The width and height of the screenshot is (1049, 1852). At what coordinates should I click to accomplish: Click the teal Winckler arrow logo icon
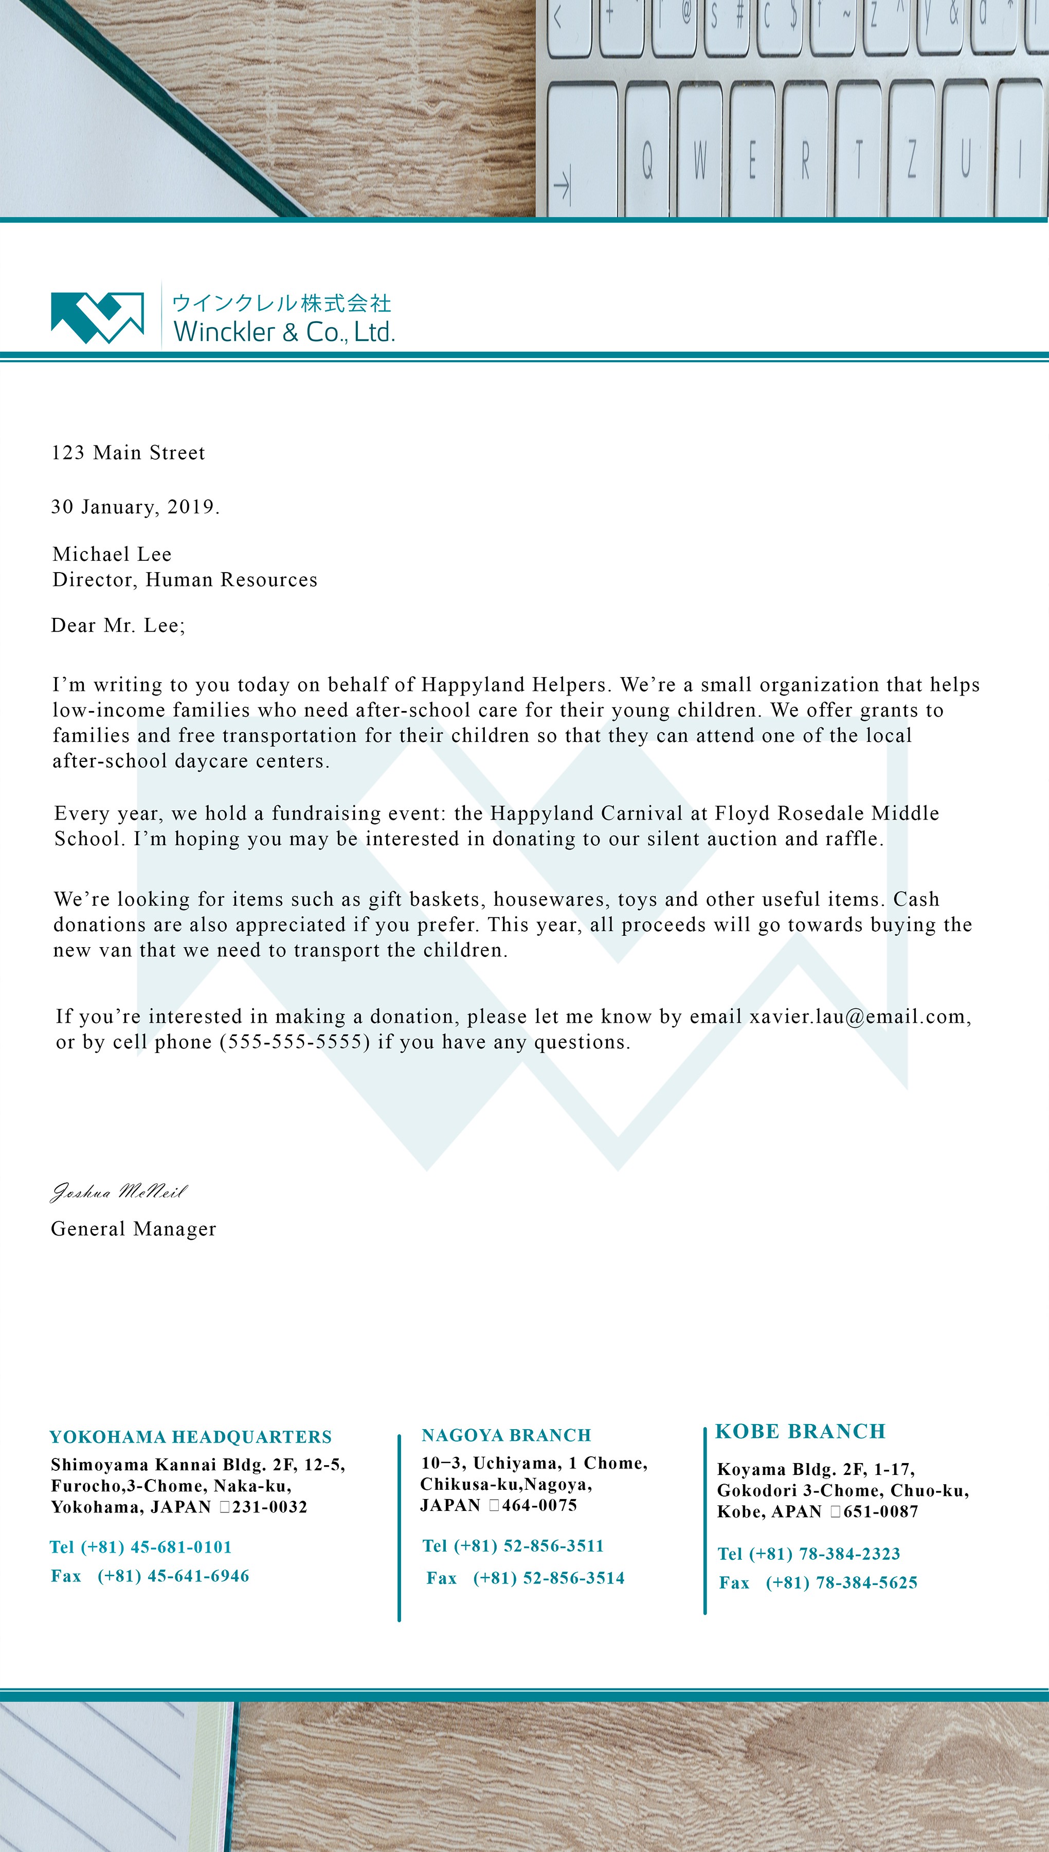pos(97,317)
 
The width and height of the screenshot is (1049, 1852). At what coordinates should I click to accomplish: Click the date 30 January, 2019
pos(135,507)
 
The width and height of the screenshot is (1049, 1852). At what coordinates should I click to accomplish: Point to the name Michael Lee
pos(112,554)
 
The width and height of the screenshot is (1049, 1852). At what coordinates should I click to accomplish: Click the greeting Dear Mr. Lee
pos(117,626)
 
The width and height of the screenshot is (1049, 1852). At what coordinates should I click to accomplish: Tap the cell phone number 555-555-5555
pos(295,1043)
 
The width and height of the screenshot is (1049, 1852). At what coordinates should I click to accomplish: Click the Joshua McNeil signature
pos(119,1192)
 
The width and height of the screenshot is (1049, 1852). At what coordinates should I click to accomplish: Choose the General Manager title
pos(133,1230)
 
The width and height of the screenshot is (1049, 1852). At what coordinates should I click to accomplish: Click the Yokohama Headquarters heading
pos(190,1437)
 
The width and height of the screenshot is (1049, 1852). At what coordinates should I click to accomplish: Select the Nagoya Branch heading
pos(506,1435)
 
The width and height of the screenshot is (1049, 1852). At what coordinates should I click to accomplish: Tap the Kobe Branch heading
pos(800,1431)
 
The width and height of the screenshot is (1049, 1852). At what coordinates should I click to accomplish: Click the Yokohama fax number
pos(173,1576)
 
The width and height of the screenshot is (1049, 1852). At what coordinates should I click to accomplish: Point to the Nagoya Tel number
pos(528,1546)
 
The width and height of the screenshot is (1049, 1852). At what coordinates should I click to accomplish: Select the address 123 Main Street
pos(128,453)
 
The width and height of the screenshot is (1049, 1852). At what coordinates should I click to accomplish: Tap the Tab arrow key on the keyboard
pos(562,184)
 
